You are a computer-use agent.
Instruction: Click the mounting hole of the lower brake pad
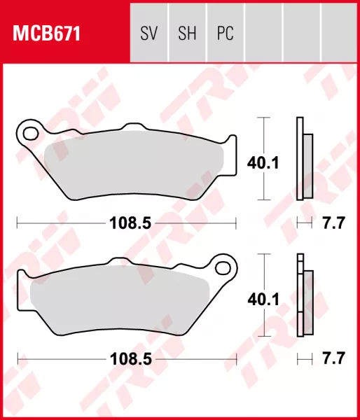pyautogui.click(x=224, y=267)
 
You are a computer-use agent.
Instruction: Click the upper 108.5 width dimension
pyautogui.click(x=127, y=223)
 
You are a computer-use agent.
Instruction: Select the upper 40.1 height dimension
pyautogui.click(x=263, y=163)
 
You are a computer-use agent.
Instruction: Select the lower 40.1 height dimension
pyautogui.click(x=263, y=300)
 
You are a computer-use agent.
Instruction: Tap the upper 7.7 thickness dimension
pyautogui.click(x=333, y=223)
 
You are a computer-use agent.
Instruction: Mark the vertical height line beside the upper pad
pyautogui.click(x=263, y=133)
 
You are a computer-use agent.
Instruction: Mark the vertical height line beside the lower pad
pyautogui.click(x=263, y=269)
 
